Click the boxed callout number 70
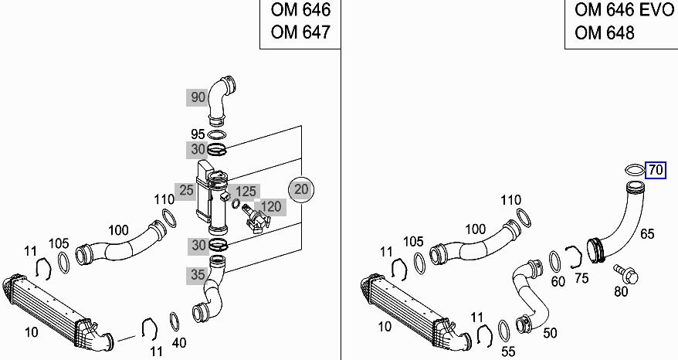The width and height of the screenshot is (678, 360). [x=656, y=170]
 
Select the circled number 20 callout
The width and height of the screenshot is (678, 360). [x=301, y=188]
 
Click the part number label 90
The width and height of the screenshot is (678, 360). [x=198, y=97]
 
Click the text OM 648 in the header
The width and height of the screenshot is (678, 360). [x=605, y=32]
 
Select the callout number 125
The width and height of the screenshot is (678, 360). [x=246, y=191]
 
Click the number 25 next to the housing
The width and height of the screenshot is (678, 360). [x=186, y=189]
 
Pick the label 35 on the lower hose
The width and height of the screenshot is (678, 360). [x=197, y=273]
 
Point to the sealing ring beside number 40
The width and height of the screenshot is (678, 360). [x=175, y=320]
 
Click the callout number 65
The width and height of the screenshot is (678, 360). [x=646, y=233]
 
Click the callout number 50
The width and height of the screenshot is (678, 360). [x=550, y=334]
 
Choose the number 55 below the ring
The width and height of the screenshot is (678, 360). [x=507, y=352]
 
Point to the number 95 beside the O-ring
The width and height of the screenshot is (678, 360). [x=198, y=134]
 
